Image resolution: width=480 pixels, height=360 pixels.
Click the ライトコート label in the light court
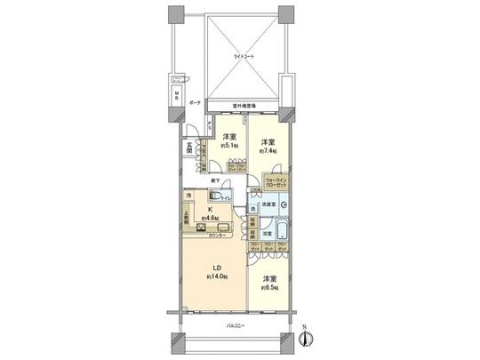(x=242, y=55)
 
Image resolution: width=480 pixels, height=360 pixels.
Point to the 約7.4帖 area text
(x=269, y=152)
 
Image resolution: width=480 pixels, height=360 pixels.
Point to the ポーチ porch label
(x=195, y=102)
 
